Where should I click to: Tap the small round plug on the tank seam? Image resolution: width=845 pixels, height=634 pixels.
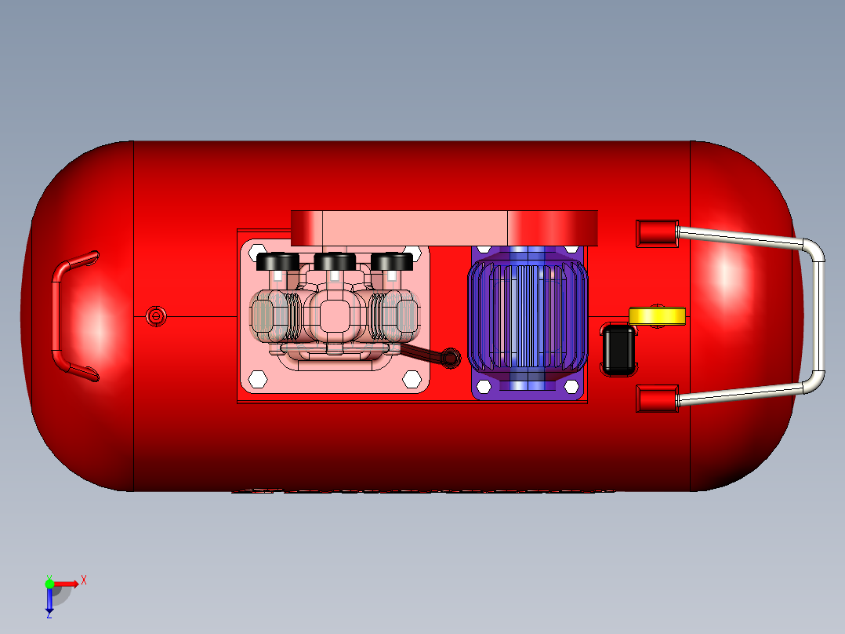pyautogui.click(x=156, y=315)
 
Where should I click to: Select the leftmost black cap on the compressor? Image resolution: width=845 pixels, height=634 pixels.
pyautogui.click(x=277, y=261)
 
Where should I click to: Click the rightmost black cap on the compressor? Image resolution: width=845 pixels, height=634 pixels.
pyautogui.click(x=391, y=261)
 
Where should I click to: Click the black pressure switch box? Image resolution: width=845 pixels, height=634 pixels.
pyautogui.click(x=619, y=350)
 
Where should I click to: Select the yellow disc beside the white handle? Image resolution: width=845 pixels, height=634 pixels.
pyautogui.click(x=657, y=315)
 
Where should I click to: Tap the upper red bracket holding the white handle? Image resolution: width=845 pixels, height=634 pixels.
pyautogui.click(x=656, y=232)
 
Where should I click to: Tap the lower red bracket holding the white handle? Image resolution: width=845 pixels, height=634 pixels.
pyautogui.click(x=656, y=399)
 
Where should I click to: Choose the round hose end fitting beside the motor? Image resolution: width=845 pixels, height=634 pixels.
pyautogui.click(x=452, y=357)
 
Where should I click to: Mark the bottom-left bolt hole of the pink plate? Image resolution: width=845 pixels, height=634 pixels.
pyautogui.click(x=256, y=379)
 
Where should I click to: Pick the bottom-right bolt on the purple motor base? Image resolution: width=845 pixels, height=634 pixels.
pyautogui.click(x=571, y=388)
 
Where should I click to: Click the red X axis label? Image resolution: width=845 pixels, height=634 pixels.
pyautogui.click(x=84, y=580)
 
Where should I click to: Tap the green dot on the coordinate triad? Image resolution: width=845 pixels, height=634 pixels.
pyautogui.click(x=49, y=583)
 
